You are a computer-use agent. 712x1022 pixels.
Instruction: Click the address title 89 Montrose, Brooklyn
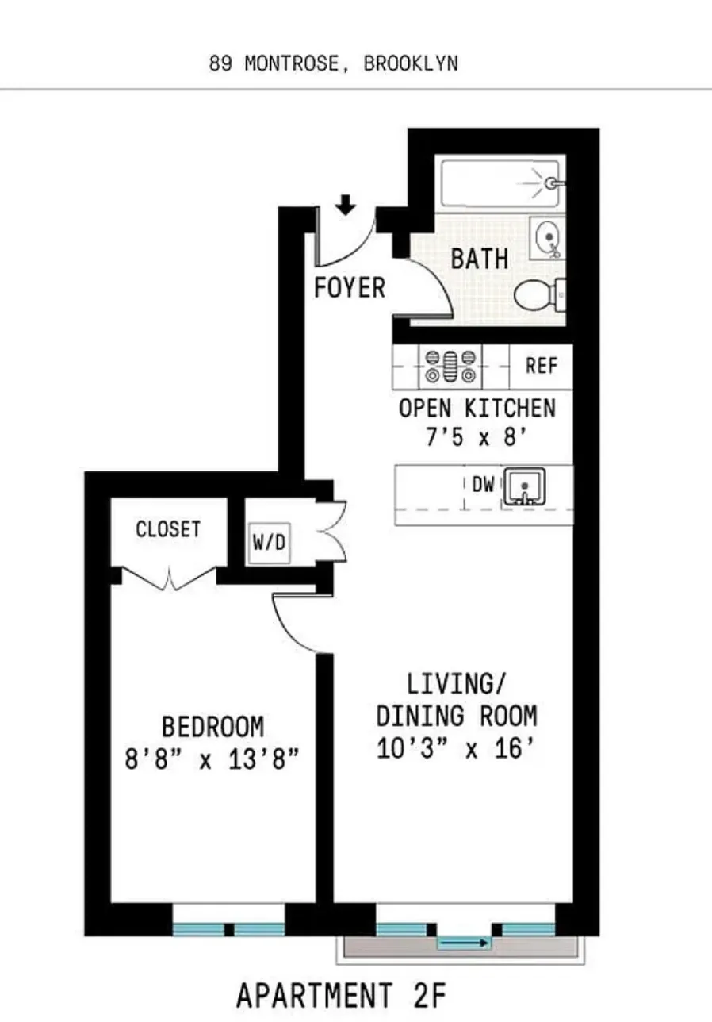click(x=333, y=64)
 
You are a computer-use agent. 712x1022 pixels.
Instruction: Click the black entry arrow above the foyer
click(x=346, y=206)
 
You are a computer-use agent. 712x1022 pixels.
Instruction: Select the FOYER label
click(x=350, y=287)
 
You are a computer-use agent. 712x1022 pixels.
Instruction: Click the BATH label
click(x=480, y=259)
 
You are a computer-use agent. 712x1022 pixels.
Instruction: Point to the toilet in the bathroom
click(x=539, y=295)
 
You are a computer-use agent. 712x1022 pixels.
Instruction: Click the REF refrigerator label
click(x=542, y=367)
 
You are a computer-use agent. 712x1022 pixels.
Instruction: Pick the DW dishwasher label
click(x=483, y=485)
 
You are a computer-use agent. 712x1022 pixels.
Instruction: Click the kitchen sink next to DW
click(x=524, y=486)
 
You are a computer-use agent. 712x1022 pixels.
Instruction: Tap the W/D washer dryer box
click(x=269, y=544)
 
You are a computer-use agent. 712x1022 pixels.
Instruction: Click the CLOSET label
click(x=168, y=529)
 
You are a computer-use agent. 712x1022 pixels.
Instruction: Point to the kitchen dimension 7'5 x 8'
click(x=477, y=437)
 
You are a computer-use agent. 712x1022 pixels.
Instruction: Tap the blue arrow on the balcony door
click(x=464, y=943)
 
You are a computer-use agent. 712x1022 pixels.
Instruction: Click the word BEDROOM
click(x=212, y=726)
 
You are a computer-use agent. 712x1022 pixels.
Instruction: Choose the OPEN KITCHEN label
click(x=477, y=409)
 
